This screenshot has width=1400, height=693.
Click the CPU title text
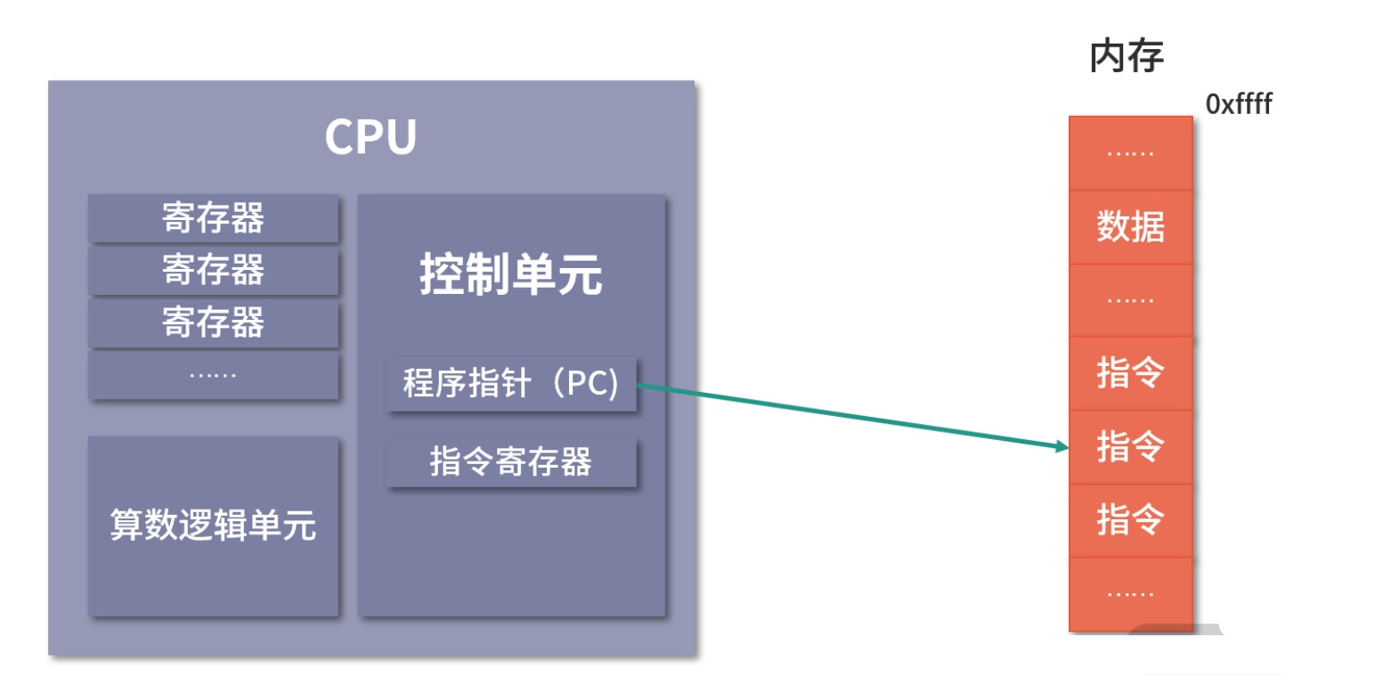[370, 137]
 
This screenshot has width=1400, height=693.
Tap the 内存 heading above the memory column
[1127, 56]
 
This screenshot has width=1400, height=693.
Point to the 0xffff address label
[1238, 104]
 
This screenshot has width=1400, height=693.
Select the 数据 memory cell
[1130, 226]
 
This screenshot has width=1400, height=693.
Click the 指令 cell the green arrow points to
[1130, 446]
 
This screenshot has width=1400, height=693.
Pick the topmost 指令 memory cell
[1130, 372]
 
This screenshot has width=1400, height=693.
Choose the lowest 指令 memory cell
[1130, 519]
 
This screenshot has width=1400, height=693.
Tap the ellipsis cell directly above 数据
[1130, 153]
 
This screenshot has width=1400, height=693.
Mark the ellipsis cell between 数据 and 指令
[1130, 300]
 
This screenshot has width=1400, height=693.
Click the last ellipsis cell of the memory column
[1130, 593]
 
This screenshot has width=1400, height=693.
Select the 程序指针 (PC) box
[510, 384]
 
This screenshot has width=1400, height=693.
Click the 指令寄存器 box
[510, 461]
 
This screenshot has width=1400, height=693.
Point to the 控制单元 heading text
[510, 273]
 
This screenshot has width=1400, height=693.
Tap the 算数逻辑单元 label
[213, 525]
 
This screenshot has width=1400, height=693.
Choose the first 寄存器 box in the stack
[213, 217]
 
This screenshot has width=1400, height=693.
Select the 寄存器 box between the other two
[213, 270]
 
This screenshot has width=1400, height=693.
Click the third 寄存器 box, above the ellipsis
[213, 322]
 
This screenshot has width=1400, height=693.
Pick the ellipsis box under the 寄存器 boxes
[213, 376]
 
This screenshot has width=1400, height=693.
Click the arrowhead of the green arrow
[1062, 445]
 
